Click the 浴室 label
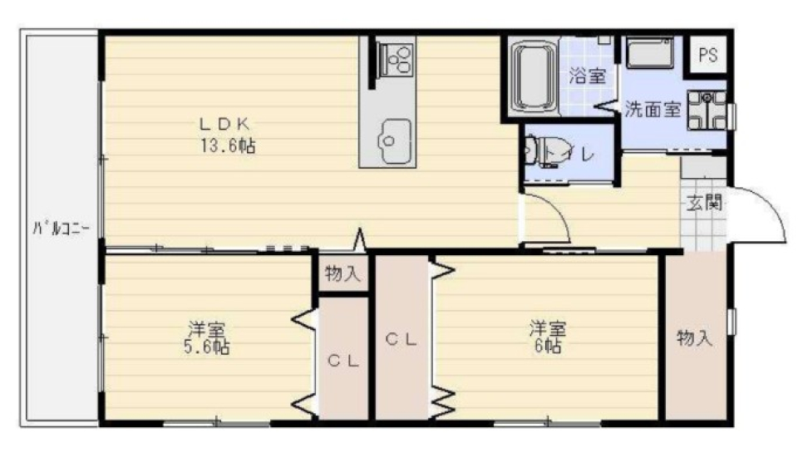pos(587,76)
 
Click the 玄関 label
pos(703,202)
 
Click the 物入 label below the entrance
pos(695,338)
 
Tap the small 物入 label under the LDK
pos(342,273)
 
